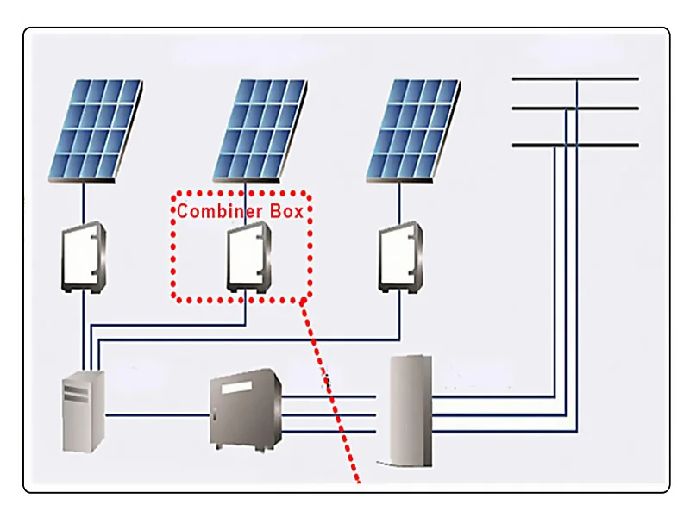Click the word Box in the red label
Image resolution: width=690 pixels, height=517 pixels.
[285, 210]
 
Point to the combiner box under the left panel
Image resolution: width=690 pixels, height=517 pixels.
[83, 256]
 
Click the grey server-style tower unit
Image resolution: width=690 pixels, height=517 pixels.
[84, 412]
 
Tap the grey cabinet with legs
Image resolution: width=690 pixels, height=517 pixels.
[246, 409]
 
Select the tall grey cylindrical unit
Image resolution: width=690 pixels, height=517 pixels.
[410, 409]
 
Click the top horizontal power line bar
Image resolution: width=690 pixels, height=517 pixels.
[575, 78]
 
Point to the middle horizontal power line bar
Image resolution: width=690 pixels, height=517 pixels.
[575, 108]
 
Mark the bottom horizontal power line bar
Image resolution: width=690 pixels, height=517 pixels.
[575, 145]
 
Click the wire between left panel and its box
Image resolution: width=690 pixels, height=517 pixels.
[83, 204]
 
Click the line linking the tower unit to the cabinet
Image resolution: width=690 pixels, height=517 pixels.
[157, 415]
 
